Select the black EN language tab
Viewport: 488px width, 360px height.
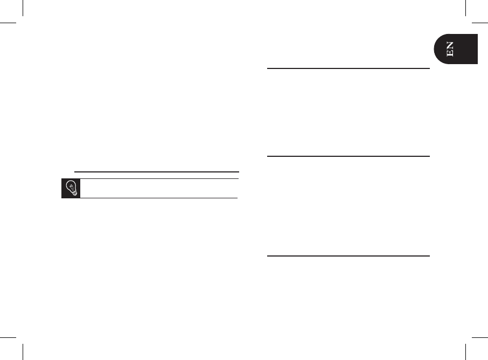point(457,49)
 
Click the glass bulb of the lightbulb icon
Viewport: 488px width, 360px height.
point(71,186)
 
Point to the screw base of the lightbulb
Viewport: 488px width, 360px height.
point(74,193)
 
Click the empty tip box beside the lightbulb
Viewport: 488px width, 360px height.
point(159,188)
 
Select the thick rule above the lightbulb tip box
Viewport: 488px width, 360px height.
point(156,172)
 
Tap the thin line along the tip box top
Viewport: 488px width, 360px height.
point(159,179)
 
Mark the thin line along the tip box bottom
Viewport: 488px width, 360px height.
point(159,198)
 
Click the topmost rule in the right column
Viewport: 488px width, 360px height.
point(348,68)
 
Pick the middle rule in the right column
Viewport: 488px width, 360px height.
point(348,156)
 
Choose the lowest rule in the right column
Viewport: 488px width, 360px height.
point(348,256)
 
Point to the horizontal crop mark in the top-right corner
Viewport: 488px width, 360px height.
point(479,23)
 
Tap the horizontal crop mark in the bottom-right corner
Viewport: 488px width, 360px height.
point(479,337)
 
